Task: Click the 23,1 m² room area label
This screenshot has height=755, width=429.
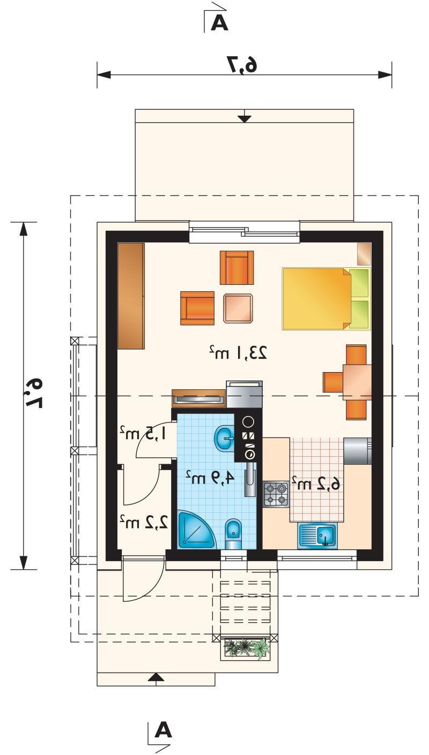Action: click(238, 352)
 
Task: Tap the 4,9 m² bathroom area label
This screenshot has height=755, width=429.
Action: click(210, 478)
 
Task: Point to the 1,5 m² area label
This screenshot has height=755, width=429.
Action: click(143, 433)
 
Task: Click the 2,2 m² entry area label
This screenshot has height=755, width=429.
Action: click(144, 522)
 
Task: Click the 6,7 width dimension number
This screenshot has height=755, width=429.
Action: click(242, 63)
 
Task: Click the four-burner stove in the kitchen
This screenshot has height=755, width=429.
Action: click(276, 494)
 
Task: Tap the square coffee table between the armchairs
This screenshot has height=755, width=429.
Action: click(238, 308)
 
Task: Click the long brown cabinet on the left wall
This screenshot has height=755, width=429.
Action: click(131, 296)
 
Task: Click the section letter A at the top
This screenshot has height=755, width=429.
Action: click(219, 24)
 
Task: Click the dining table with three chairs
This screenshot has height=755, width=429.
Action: click(347, 382)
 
